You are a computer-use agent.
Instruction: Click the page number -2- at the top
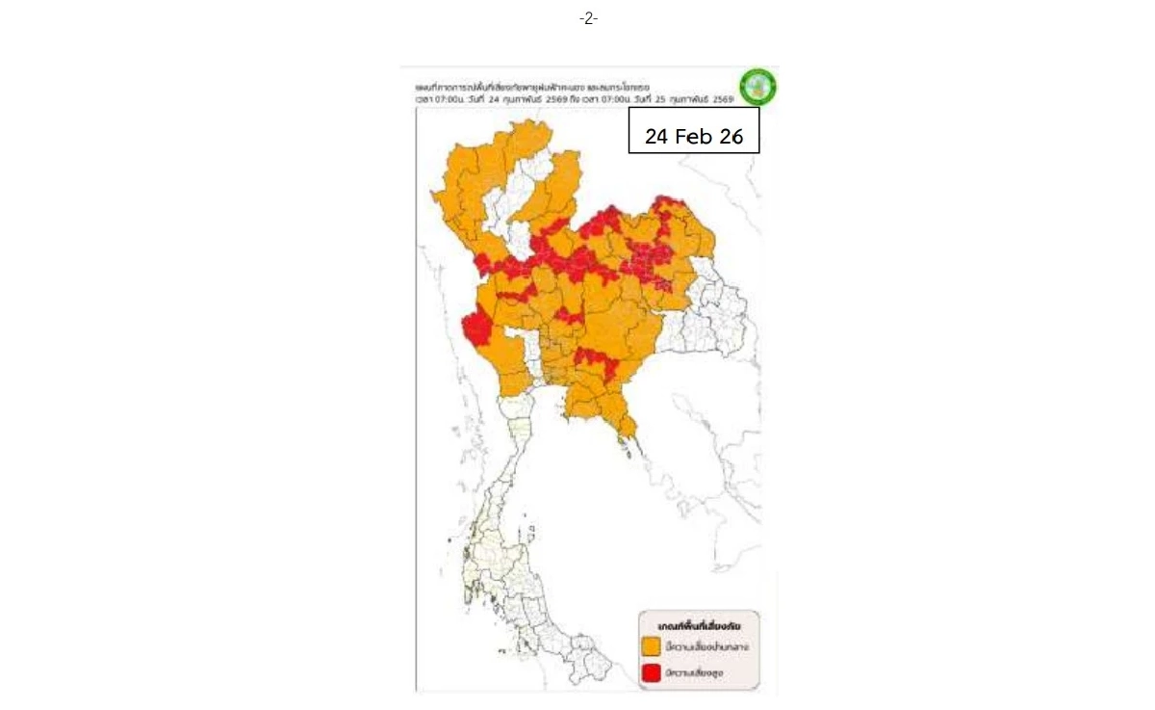tap(588, 18)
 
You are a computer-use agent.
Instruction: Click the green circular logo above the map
tap(757, 87)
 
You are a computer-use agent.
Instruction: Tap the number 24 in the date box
tap(656, 137)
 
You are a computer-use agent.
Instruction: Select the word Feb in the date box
tap(694, 137)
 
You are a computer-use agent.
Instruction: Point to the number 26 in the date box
tap(731, 137)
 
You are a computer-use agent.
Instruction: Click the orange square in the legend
tap(651, 646)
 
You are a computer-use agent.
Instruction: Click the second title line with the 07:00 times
tap(568, 99)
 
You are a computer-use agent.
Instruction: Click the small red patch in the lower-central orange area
tap(597, 360)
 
